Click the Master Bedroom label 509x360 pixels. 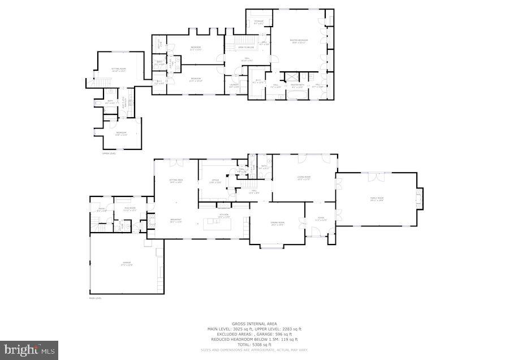click(x=299, y=41)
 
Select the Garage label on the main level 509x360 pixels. click(x=126, y=264)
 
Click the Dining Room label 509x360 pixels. click(x=277, y=224)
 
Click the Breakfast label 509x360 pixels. click(x=176, y=221)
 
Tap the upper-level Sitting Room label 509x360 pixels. click(x=118, y=70)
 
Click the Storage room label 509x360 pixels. click(x=258, y=22)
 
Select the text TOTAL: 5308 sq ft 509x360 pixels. click(x=255, y=345)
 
